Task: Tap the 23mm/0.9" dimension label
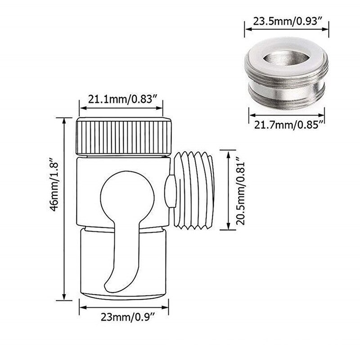point(125,318)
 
